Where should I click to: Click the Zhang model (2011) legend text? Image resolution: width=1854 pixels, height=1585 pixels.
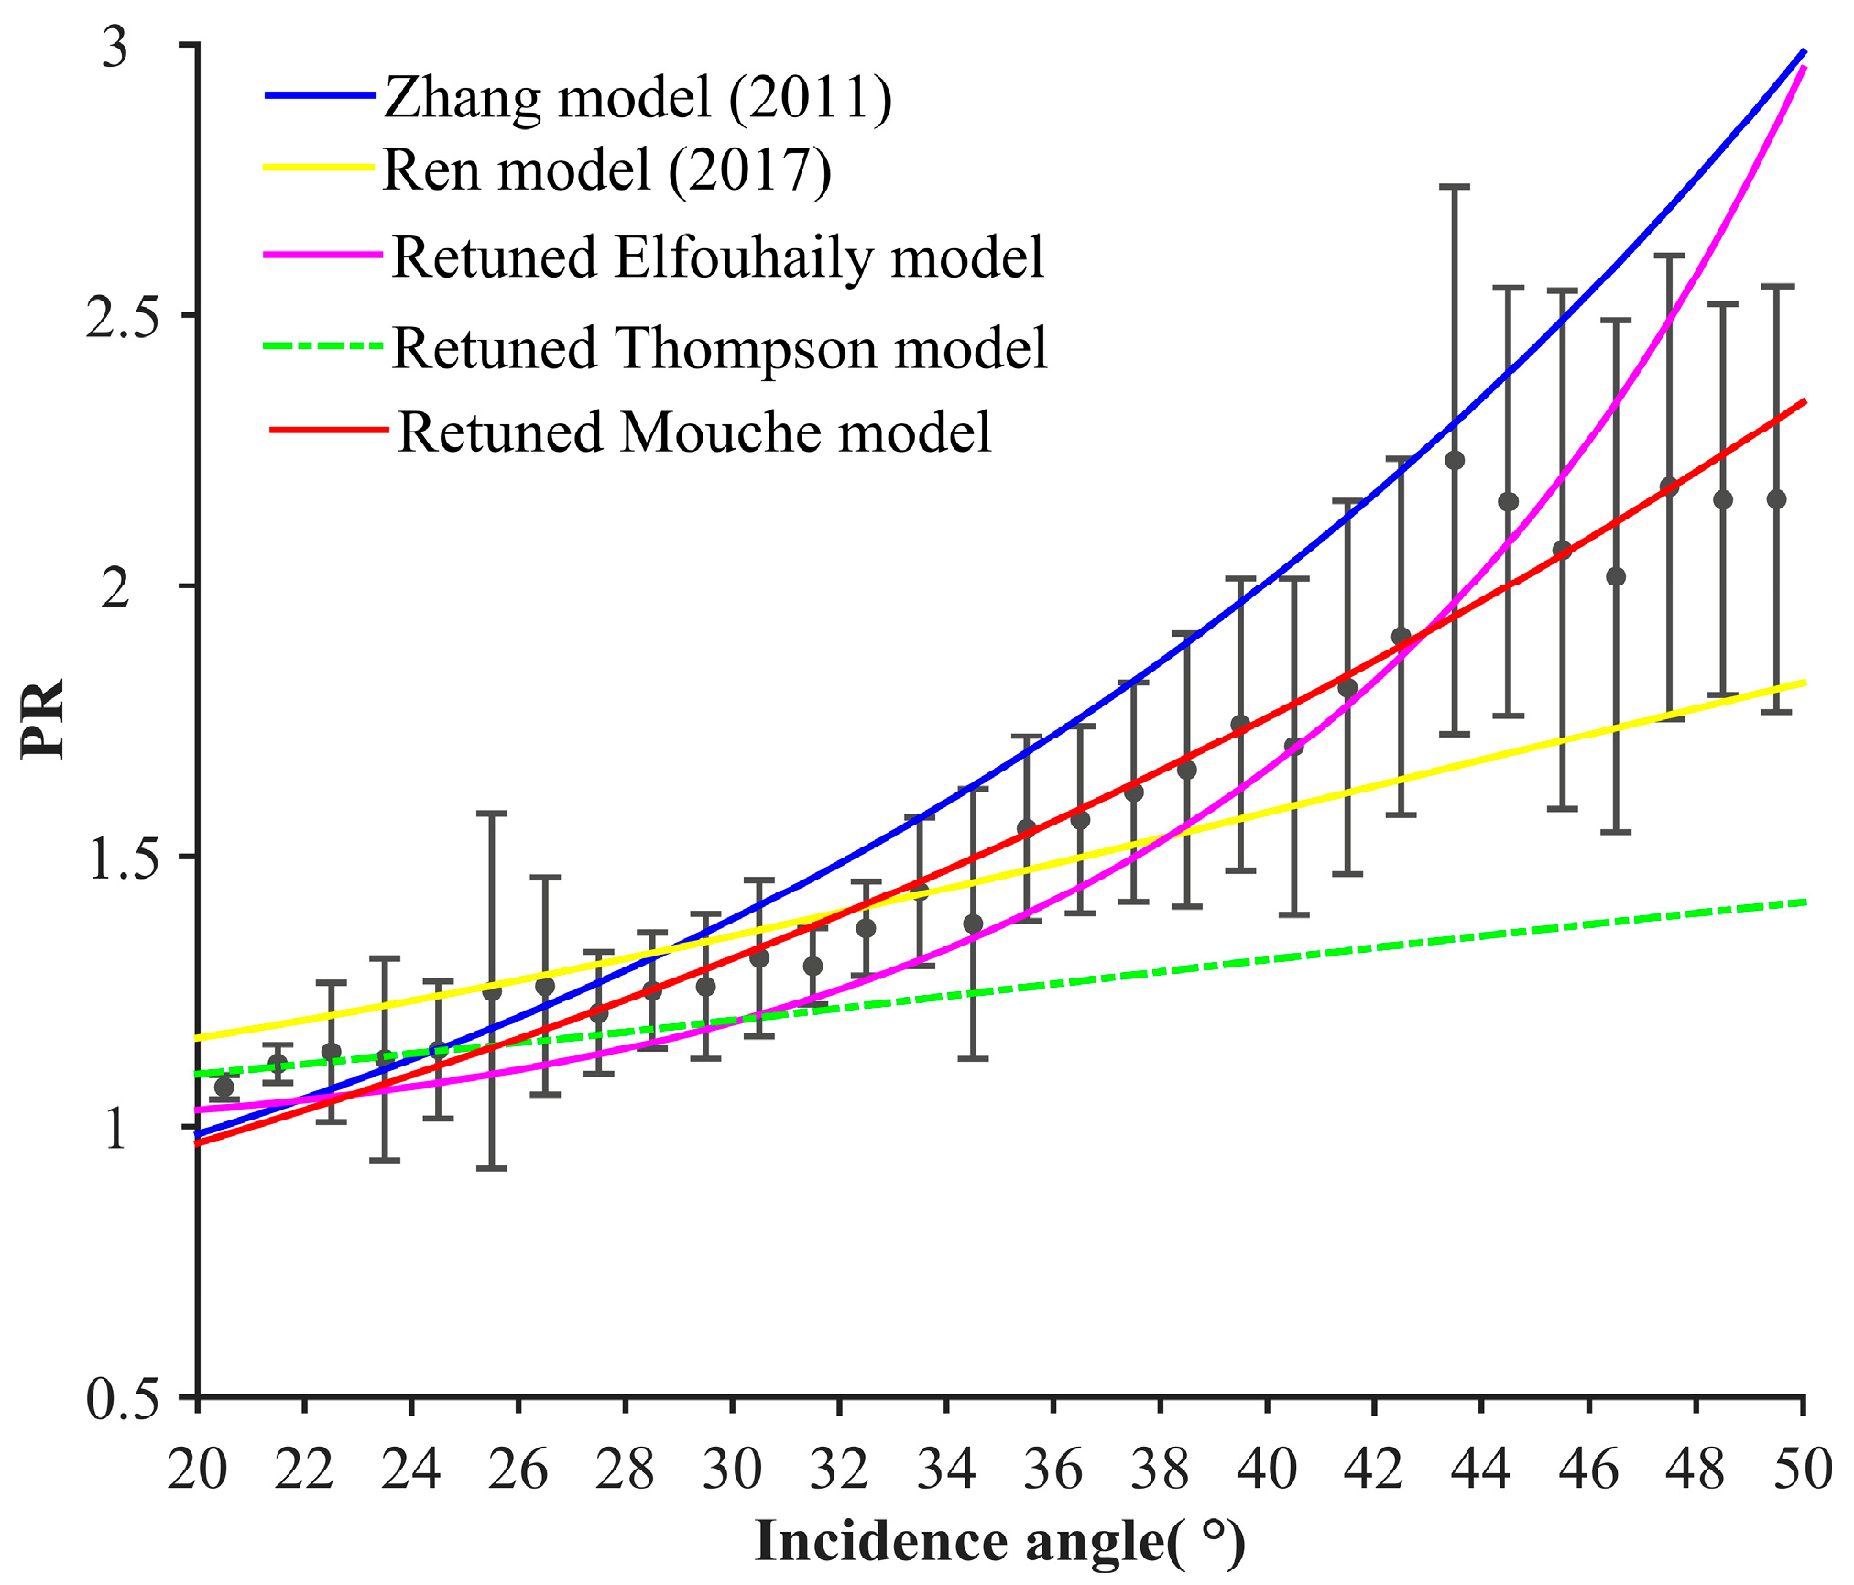pyautogui.click(x=638, y=97)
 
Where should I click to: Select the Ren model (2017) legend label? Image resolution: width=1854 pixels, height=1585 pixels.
pyautogui.click(x=607, y=169)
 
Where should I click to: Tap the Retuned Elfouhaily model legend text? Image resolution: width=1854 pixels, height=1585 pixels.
pyautogui.click(x=718, y=257)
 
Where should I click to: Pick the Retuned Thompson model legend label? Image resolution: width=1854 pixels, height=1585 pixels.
pyautogui.click(x=720, y=348)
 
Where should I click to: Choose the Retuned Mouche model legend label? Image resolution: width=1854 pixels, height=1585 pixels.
pyautogui.click(x=694, y=432)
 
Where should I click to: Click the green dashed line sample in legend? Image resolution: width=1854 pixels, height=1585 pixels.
pyautogui.click(x=322, y=346)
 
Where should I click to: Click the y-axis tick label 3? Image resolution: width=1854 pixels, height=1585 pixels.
pyautogui.click(x=115, y=46)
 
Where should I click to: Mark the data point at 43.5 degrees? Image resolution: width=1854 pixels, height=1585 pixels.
pyautogui.click(x=1455, y=460)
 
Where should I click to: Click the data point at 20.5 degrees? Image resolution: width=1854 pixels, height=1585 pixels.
pyautogui.click(x=224, y=1087)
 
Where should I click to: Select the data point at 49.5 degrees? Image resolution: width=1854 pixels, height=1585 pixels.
pyautogui.click(x=1776, y=499)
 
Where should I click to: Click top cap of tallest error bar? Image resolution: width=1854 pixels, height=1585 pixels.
pyautogui.click(x=1455, y=187)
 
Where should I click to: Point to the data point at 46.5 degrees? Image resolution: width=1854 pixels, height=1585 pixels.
pyautogui.click(x=1616, y=576)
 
